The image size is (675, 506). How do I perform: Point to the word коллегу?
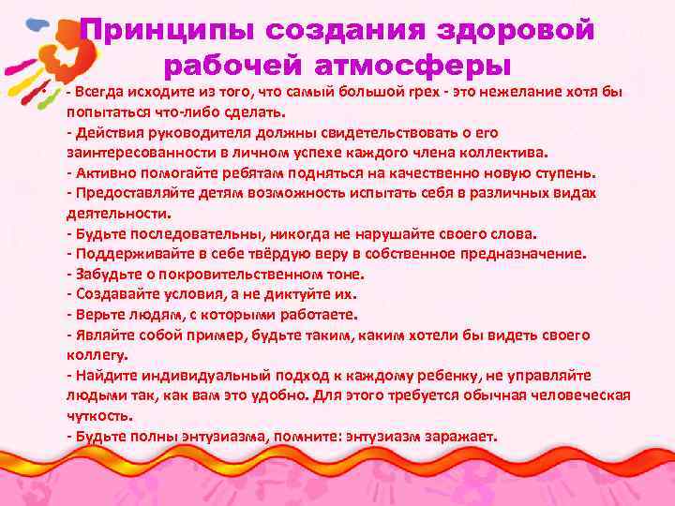[94, 355]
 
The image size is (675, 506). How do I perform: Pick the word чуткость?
[99, 415]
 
